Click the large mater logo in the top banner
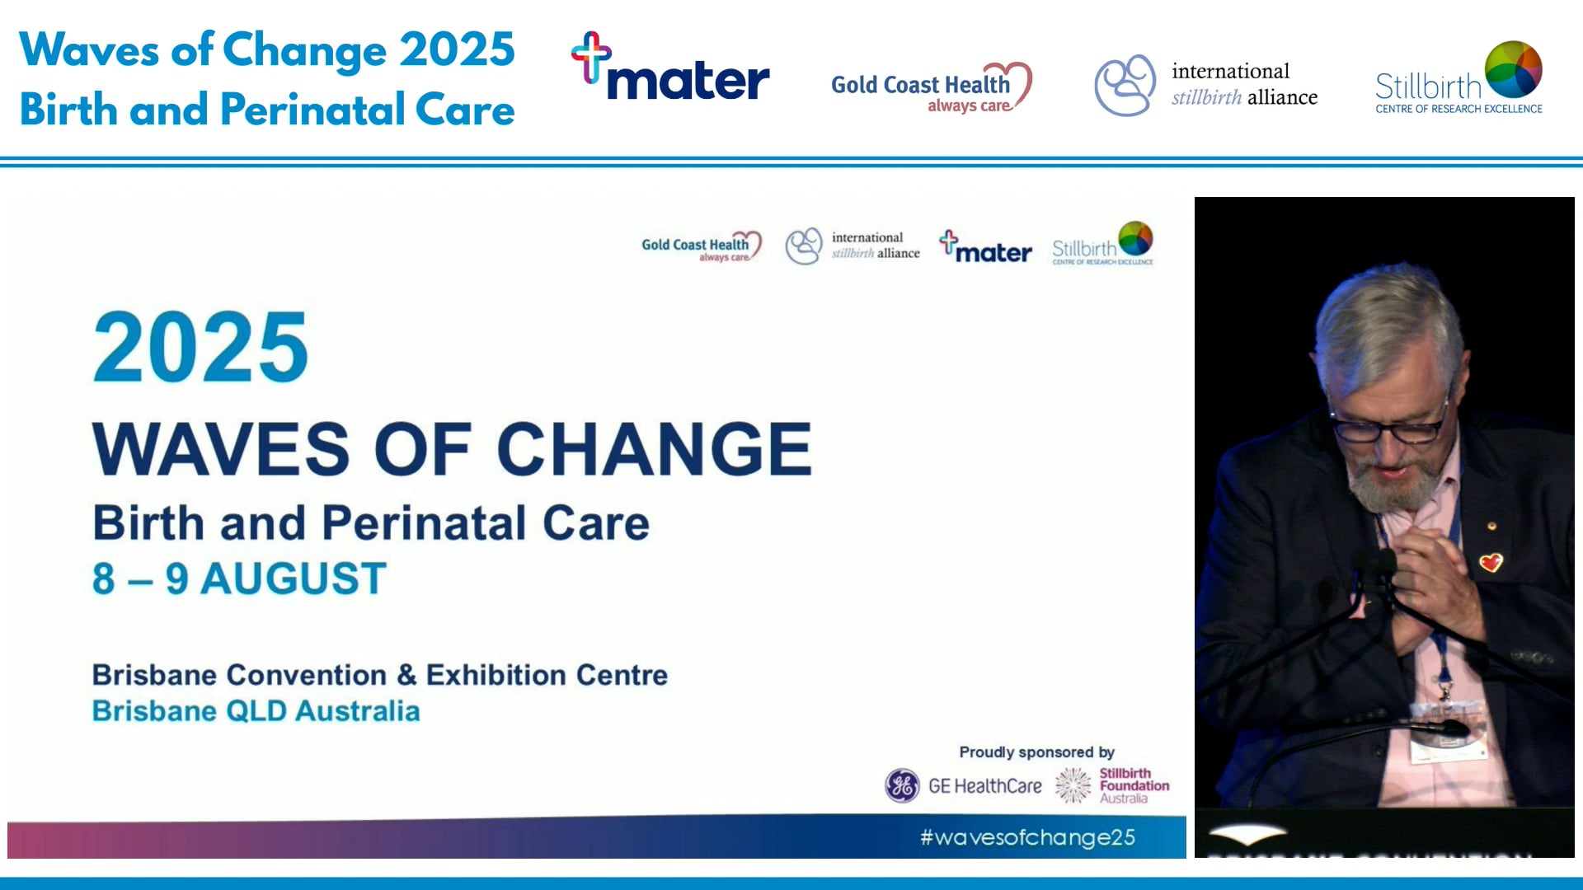click(671, 70)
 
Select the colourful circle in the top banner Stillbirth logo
click(1514, 69)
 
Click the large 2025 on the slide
click(200, 348)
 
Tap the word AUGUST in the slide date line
click(294, 578)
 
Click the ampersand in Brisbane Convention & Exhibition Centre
click(406, 675)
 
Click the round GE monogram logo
click(902, 785)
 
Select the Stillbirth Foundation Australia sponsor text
click(1133, 785)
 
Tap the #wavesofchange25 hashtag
click(1027, 837)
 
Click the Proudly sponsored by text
click(1036, 752)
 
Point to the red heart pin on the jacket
click(1491, 563)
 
